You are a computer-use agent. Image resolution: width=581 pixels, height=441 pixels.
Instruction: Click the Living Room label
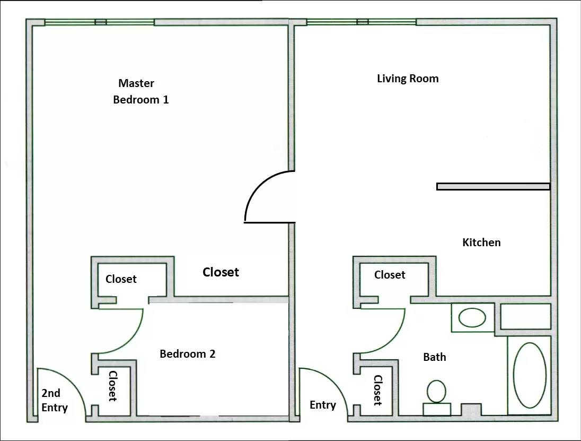pyautogui.click(x=408, y=79)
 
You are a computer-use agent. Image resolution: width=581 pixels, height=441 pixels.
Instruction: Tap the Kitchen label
pyautogui.click(x=481, y=243)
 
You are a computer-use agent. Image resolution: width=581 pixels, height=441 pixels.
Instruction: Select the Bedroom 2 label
pyautogui.click(x=188, y=354)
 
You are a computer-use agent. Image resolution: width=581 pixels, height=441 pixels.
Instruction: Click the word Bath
pyautogui.click(x=434, y=357)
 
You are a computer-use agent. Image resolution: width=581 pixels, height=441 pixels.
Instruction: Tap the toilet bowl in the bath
pyautogui.click(x=436, y=391)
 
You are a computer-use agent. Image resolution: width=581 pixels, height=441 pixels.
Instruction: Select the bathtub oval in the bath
pyautogui.click(x=530, y=375)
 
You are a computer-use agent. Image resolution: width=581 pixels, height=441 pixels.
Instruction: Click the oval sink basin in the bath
pyautogui.click(x=472, y=318)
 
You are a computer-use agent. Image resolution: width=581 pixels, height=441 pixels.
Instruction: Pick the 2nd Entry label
pyautogui.click(x=55, y=400)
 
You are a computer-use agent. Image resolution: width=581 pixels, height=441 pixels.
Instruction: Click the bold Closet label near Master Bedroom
pyautogui.click(x=221, y=272)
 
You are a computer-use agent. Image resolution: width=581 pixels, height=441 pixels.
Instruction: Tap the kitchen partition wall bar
pyautogui.click(x=493, y=187)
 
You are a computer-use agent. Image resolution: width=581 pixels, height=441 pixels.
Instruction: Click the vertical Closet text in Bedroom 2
pyautogui.click(x=112, y=386)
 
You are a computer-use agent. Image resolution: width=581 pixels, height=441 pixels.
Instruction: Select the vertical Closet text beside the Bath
pyautogui.click(x=377, y=390)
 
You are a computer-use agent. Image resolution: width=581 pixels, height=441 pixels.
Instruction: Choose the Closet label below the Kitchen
pyautogui.click(x=390, y=275)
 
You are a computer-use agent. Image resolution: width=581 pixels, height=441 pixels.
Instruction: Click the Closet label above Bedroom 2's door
pyautogui.click(x=121, y=279)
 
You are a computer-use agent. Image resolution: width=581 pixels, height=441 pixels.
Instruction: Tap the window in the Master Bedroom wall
pyautogui.click(x=99, y=22)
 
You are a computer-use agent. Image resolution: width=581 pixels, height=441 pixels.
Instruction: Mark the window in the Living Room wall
pyautogui.click(x=362, y=22)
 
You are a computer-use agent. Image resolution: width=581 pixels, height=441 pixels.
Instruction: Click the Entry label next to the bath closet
pyautogui.click(x=323, y=405)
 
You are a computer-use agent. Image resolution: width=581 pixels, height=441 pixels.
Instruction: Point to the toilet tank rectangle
pyautogui.click(x=437, y=409)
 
